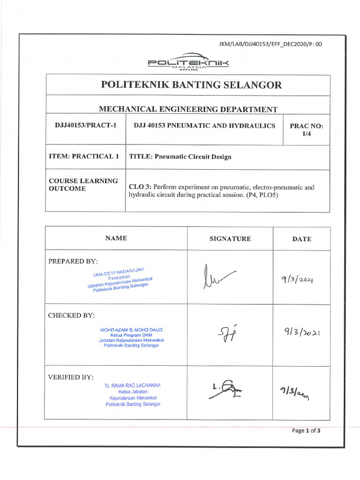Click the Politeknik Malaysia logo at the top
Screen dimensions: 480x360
coord(187,62)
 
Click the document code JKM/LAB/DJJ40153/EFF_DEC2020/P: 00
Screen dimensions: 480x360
coord(270,45)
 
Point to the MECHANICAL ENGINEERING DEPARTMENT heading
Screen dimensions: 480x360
coord(188,109)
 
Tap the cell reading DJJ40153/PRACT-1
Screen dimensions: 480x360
coord(85,126)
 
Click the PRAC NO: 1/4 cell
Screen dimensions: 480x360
coord(307,129)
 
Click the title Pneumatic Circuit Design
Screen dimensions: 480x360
coord(180,157)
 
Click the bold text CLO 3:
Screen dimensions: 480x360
coord(140,187)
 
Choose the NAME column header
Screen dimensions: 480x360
coord(116,238)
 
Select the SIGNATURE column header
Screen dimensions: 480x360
coord(230,239)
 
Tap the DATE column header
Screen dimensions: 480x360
coord(301,239)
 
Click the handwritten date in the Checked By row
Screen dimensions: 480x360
coord(301,333)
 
